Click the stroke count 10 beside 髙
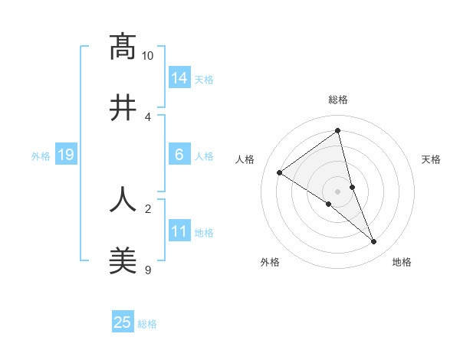click(148, 56)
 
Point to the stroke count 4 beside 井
click(148, 116)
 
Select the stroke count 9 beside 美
click(148, 270)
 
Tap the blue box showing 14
click(179, 78)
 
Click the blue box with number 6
click(179, 155)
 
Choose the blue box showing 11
click(179, 231)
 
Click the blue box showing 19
click(66, 155)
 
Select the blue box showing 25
click(123, 322)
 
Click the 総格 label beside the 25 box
click(147, 324)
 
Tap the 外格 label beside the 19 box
click(41, 156)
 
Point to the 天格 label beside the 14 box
click(204, 80)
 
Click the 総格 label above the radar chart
click(338, 100)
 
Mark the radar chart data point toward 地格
click(374, 242)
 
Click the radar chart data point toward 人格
click(279, 173)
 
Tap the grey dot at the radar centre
click(338, 191)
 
